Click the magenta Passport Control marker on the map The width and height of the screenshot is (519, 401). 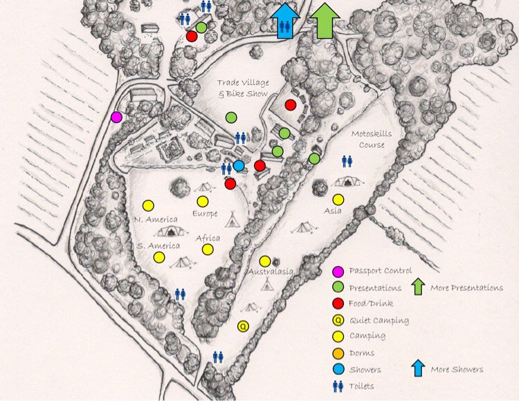117,118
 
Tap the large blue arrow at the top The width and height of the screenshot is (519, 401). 285,20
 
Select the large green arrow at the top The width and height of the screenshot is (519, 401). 324,20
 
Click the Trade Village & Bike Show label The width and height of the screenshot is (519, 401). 243,88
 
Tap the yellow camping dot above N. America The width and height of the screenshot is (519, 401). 147,205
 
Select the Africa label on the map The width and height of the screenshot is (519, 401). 208,239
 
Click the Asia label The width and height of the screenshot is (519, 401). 333,211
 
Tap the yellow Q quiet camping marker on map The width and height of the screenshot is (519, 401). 243,326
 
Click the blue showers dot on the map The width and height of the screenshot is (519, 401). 239,166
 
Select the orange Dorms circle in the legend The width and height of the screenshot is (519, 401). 337,353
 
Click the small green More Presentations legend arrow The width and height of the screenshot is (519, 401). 417,286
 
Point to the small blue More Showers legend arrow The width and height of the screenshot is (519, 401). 417,368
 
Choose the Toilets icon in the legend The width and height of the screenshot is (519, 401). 337,386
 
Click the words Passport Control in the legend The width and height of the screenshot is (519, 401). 381,271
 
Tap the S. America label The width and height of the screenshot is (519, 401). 158,245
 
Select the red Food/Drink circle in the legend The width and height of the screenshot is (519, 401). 337,304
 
